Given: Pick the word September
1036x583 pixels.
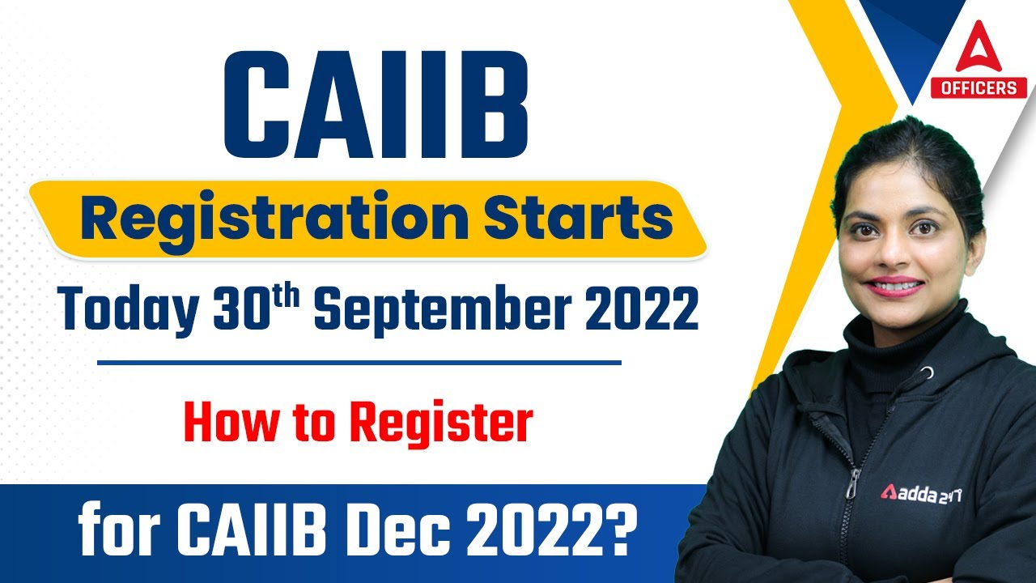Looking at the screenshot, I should [452, 313].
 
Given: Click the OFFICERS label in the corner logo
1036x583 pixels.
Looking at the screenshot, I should [978, 87].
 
